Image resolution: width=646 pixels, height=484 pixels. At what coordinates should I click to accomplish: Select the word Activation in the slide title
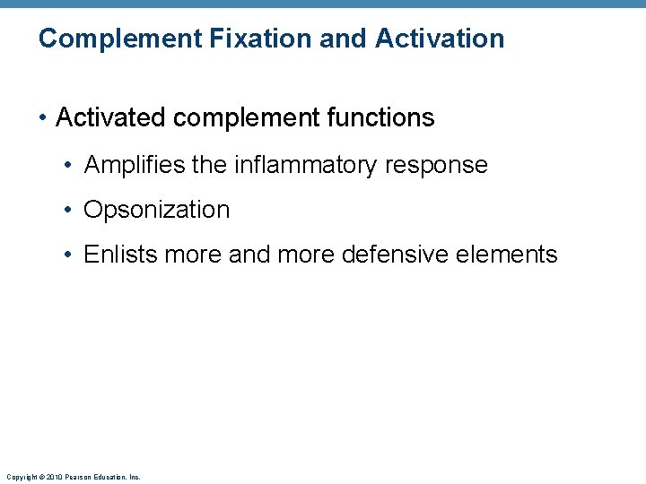coord(440,39)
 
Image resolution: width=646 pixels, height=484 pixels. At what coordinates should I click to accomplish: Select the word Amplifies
coord(135,165)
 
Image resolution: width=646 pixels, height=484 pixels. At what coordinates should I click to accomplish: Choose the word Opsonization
coord(157,210)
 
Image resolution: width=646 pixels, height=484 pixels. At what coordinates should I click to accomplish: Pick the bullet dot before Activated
coord(43,117)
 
